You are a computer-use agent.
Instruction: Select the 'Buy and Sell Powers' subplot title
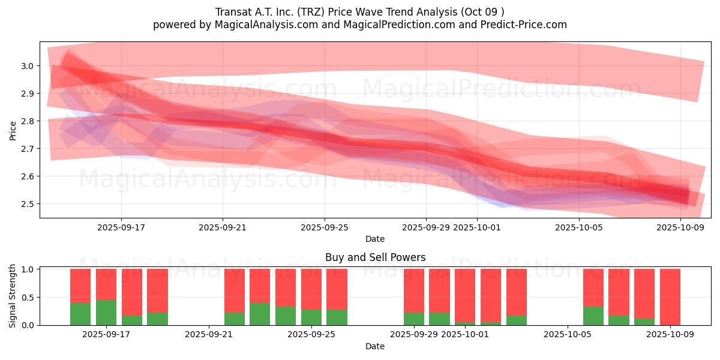(x=375, y=257)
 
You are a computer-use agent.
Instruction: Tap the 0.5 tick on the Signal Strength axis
(x=27, y=298)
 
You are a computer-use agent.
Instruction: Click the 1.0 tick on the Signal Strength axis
(x=27, y=269)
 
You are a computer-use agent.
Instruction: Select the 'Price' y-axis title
(x=13, y=130)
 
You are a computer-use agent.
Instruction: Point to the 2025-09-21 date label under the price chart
(x=223, y=228)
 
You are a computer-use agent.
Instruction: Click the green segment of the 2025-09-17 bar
(x=106, y=313)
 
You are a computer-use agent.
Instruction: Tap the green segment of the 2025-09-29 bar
(x=414, y=319)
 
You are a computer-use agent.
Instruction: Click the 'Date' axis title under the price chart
(x=375, y=239)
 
